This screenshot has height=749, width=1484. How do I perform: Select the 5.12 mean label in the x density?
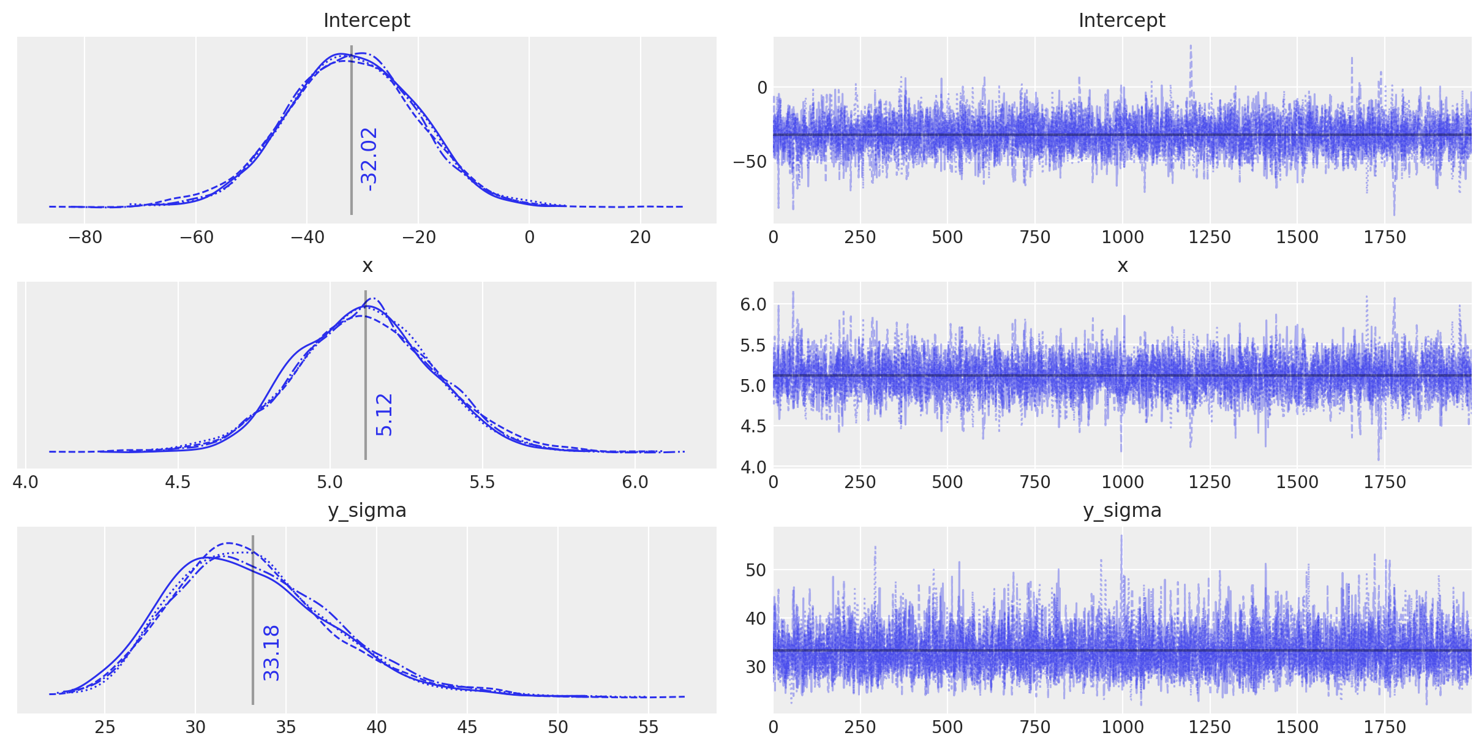[x=384, y=415]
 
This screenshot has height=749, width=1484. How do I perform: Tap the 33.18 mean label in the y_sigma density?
[x=271, y=653]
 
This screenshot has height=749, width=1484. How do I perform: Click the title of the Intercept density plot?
[x=366, y=20]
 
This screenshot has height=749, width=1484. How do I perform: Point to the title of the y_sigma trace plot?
[x=1122, y=510]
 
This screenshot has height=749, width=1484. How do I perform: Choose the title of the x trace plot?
[x=1122, y=265]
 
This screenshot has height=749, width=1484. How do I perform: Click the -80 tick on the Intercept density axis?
[x=85, y=237]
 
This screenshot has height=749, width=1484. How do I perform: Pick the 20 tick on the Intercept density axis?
[x=641, y=237]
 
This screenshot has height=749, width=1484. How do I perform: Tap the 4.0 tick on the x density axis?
[x=26, y=482]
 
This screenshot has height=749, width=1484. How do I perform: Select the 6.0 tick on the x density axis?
[x=635, y=482]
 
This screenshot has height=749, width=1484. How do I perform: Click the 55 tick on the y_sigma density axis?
[x=649, y=727]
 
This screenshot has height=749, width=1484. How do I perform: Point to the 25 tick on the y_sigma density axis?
[x=105, y=727]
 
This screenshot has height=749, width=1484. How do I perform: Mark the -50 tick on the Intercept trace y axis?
[x=750, y=162]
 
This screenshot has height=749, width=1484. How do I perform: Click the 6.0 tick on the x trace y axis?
[x=753, y=304]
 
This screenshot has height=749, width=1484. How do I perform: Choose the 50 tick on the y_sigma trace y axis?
[x=756, y=570]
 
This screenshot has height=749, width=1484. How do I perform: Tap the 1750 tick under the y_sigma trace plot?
[x=1385, y=727]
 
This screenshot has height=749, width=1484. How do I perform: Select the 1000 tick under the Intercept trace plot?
[x=1123, y=237]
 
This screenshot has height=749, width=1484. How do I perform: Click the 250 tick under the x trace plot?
[x=861, y=482]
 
